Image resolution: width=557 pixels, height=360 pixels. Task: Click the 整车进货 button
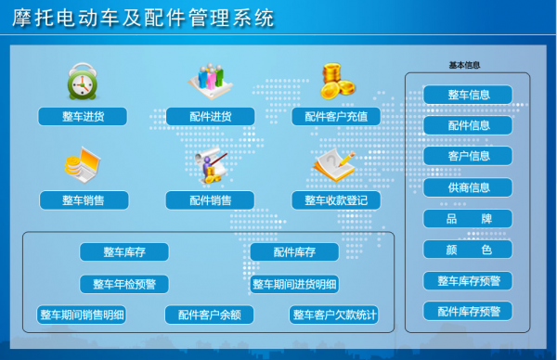click(83, 117)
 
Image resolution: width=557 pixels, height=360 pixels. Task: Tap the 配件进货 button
click(210, 117)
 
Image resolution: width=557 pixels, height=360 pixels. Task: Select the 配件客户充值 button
click(336, 117)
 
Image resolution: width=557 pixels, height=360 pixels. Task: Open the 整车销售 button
click(83, 199)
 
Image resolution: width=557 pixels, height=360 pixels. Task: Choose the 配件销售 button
click(210, 199)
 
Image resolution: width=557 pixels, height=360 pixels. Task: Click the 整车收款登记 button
click(336, 199)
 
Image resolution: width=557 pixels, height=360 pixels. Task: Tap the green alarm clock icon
click(83, 83)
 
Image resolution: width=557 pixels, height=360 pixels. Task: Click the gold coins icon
click(337, 82)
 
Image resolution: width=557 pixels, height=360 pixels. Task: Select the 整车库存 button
click(123, 251)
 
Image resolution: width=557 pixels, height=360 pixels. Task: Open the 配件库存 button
click(294, 251)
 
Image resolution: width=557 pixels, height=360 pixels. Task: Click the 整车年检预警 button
click(123, 284)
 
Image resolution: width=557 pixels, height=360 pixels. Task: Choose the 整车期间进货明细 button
click(294, 284)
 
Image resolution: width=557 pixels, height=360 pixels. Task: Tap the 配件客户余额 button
click(210, 315)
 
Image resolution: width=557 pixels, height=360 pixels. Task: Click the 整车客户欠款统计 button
click(334, 315)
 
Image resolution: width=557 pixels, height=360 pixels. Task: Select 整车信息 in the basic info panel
click(468, 95)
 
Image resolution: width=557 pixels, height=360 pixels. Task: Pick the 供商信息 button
click(468, 187)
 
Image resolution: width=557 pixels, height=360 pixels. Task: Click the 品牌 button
click(468, 219)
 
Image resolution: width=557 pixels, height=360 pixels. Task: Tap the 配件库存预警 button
click(468, 311)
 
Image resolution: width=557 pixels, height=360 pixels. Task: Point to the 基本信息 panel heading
click(464, 66)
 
